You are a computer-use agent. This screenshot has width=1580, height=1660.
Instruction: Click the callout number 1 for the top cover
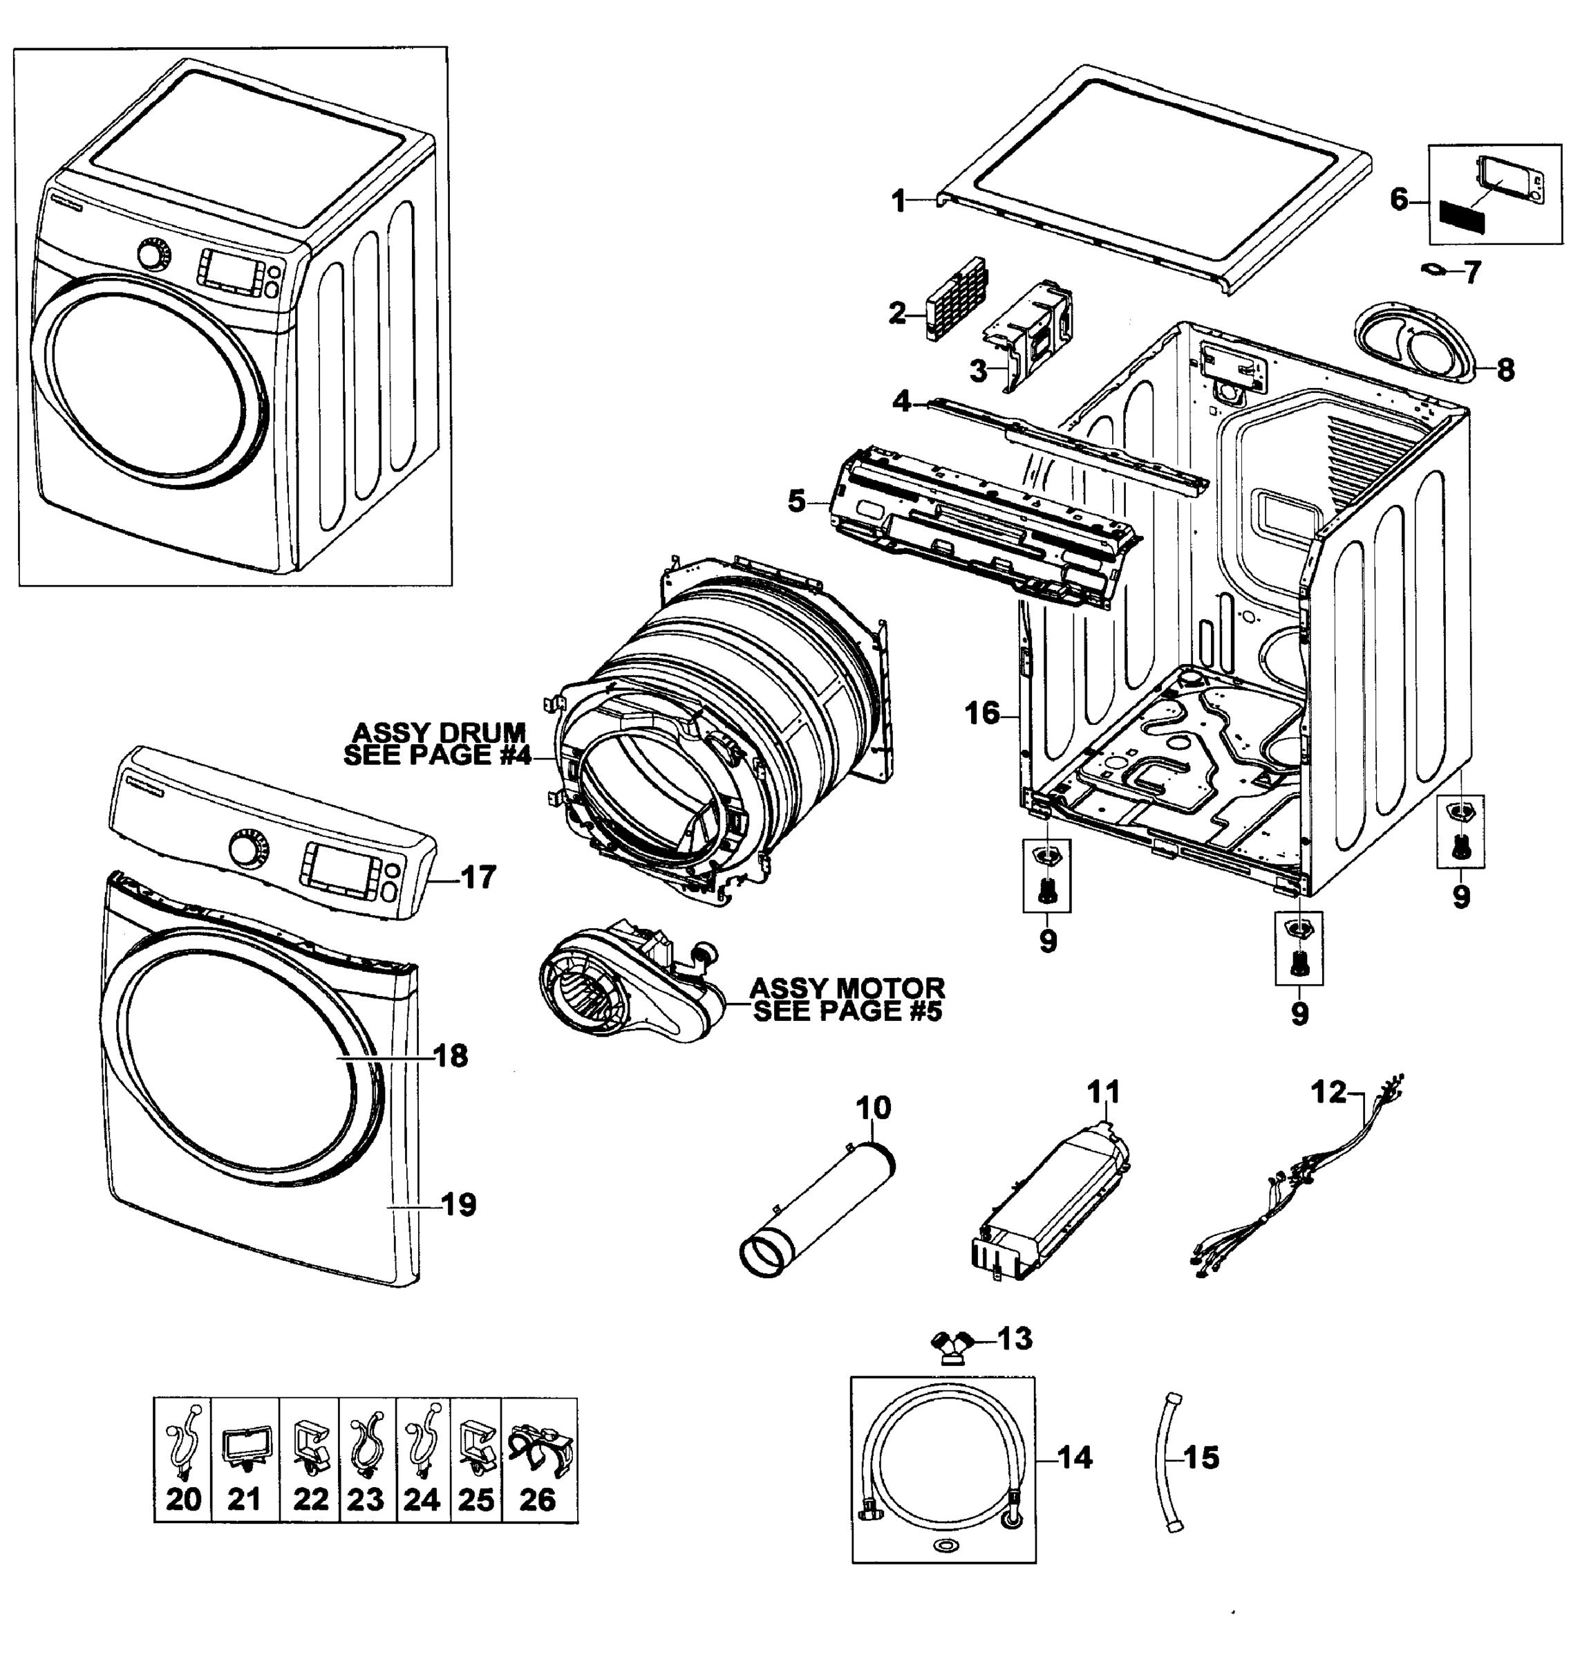pos(899,201)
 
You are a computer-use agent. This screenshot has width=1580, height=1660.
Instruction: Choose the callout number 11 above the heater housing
pos(1104,1093)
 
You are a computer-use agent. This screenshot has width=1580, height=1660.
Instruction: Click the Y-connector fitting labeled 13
pos(952,1341)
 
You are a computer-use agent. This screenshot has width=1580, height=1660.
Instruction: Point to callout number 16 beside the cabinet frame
pos(981,713)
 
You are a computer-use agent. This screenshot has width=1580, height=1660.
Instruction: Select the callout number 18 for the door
pos(451,1055)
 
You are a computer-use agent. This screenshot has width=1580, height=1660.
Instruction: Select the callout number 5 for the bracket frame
pos(796,501)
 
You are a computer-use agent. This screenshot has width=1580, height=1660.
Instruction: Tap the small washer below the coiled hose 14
pos(943,1544)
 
